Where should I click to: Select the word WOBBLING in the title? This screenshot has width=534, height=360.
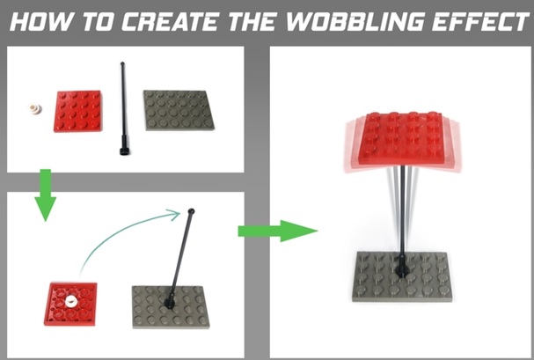[355, 21]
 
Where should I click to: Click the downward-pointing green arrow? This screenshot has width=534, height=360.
[45, 195]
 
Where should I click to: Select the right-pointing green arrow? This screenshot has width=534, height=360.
[278, 231]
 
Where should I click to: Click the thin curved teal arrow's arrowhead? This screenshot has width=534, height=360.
[175, 214]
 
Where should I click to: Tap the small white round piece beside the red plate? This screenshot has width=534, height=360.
[34, 108]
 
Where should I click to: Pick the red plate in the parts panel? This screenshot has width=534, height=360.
[78, 111]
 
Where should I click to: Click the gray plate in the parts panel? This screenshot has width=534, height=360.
[179, 110]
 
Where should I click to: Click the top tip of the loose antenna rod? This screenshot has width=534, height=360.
[122, 63]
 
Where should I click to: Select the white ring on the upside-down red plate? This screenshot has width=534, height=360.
[71, 301]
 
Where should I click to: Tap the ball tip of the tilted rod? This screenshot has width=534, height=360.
[192, 211]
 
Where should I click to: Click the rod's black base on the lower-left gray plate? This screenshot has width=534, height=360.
[169, 301]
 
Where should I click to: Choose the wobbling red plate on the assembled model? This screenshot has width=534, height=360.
[402, 141]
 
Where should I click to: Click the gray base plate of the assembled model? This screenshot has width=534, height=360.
[402, 276]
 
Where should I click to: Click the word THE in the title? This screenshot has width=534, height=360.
[252, 21]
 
